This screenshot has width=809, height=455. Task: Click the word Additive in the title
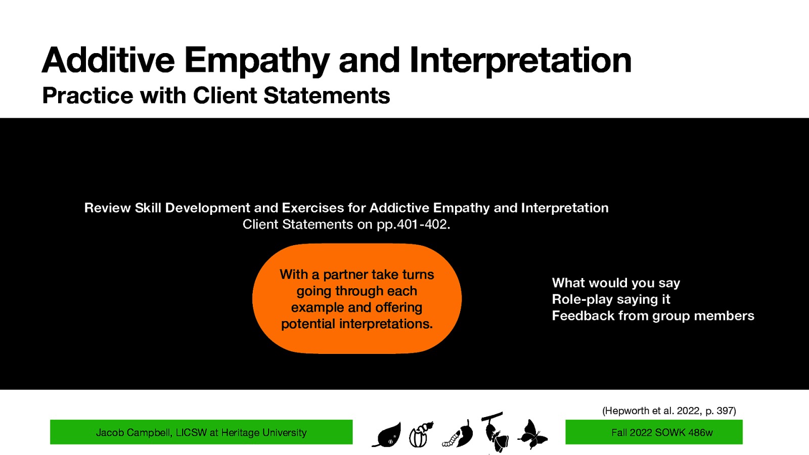click(108, 60)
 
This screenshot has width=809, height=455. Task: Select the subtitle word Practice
click(87, 96)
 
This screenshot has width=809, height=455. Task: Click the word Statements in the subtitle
click(327, 96)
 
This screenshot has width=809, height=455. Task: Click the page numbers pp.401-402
click(413, 224)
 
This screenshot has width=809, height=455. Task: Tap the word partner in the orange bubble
click(345, 275)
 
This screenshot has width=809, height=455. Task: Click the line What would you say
click(615, 283)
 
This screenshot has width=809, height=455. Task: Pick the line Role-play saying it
click(610, 299)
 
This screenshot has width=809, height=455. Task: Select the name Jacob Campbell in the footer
click(133, 433)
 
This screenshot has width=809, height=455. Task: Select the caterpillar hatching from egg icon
click(421, 435)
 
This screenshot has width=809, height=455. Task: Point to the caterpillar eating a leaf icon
click(459, 435)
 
